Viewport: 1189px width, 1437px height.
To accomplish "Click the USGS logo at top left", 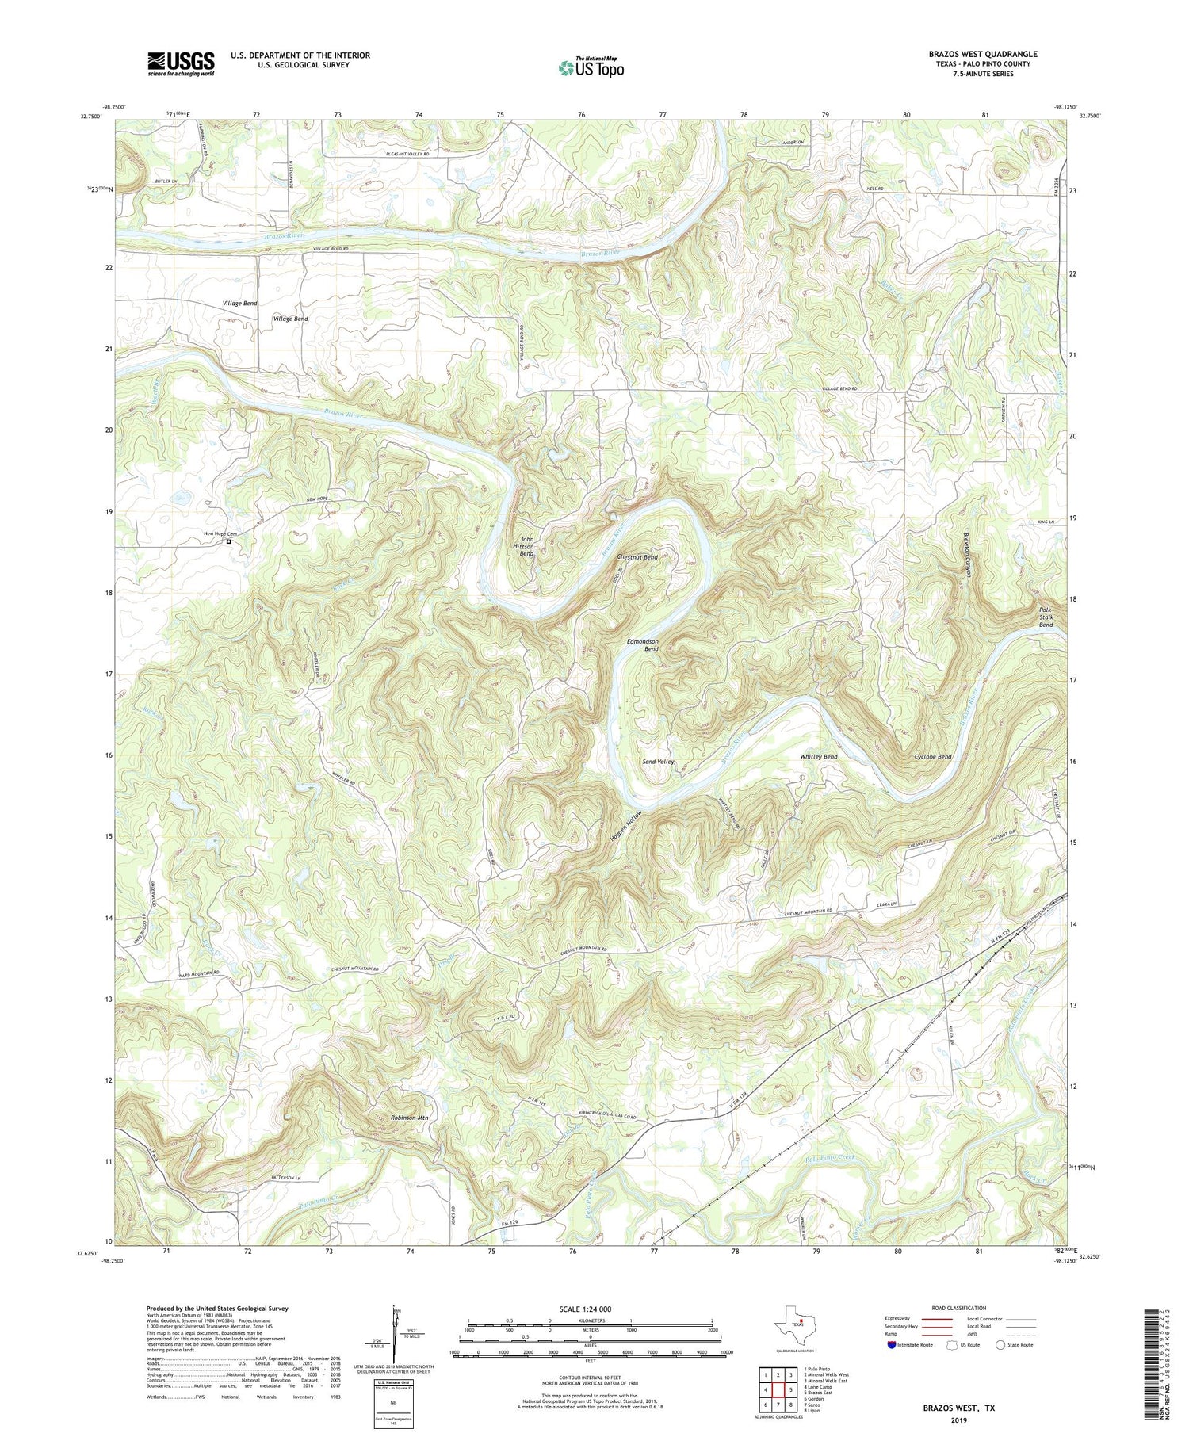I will tap(180, 63).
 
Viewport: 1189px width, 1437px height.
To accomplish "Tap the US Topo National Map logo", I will tap(591, 67).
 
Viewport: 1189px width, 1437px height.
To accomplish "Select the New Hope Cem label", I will tap(220, 534).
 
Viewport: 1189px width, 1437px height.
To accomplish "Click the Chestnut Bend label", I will tap(637, 557).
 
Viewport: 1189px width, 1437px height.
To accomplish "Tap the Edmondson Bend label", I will tap(643, 644).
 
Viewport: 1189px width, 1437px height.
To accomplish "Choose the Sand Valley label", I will tap(657, 762).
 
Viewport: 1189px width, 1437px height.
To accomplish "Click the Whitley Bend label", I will tap(818, 757).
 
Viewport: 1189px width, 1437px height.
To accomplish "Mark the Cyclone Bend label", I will tap(932, 757).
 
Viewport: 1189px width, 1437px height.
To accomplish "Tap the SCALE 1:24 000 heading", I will tap(590, 1309).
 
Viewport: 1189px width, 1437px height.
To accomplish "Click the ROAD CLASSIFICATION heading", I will tap(958, 1308).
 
